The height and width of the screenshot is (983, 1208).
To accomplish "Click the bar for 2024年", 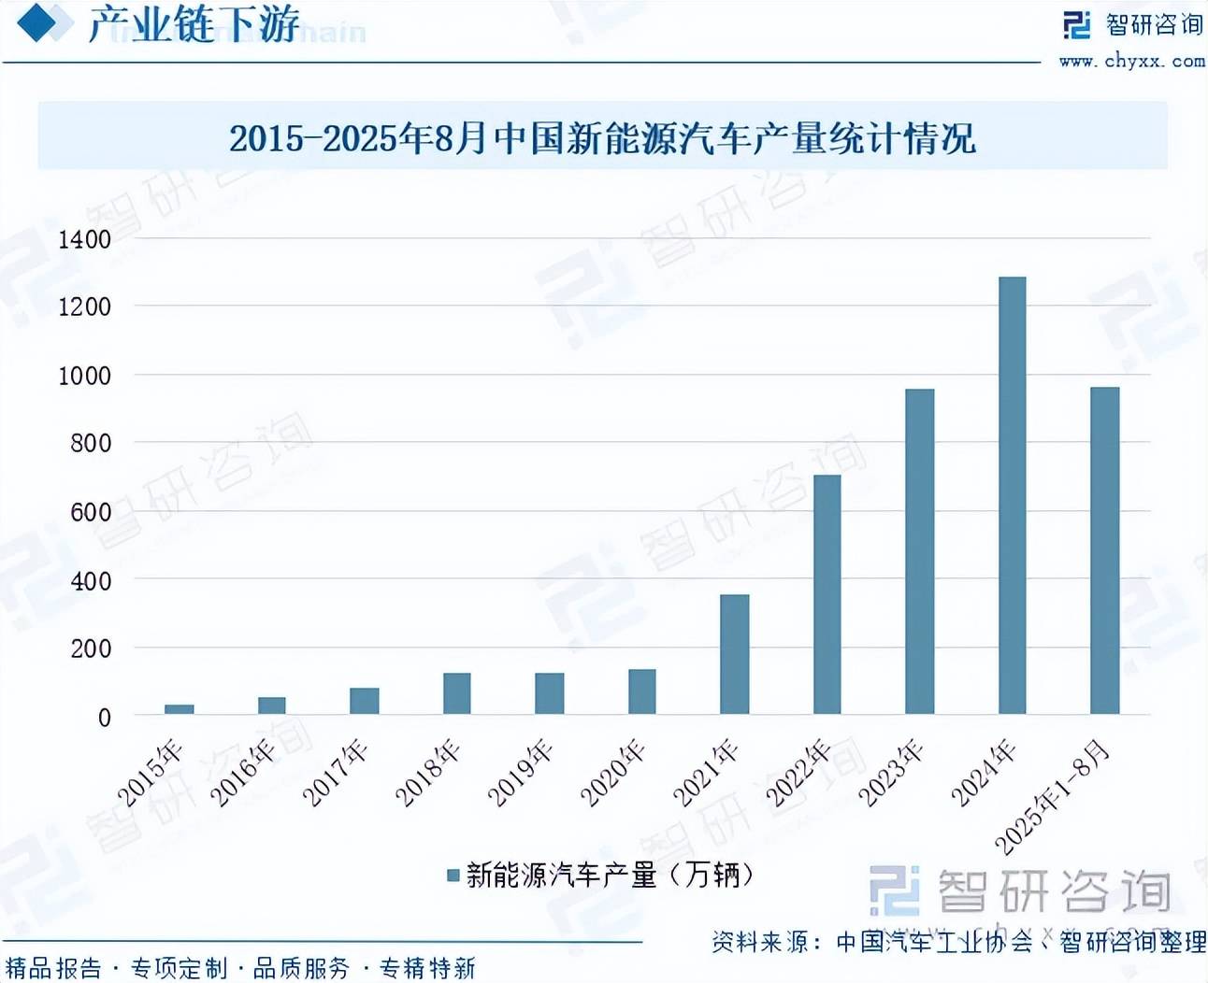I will click(x=1012, y=495).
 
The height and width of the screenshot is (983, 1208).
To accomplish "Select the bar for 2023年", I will click(x=919, y=551).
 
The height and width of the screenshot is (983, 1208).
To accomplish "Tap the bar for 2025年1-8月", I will click(x=1104, y=550).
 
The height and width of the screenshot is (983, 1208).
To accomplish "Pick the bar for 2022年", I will click(x=827, y=594).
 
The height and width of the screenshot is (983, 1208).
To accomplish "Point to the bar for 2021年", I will click(x=734, y=654).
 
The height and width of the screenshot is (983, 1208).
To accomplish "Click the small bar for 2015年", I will click(x=179, y=709).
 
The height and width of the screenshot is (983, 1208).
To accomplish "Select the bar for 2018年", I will click(x=456, y=693).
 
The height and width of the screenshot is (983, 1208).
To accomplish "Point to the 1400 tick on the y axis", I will click(x=85, y=239).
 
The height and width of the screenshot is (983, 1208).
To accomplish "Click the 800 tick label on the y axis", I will click(x=91, y=443).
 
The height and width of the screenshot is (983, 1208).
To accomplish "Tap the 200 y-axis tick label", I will click(x=91, y=648).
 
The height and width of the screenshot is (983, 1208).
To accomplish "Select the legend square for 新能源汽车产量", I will click(x=453, y=876).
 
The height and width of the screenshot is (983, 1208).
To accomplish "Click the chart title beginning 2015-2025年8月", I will click(x=602, y=138).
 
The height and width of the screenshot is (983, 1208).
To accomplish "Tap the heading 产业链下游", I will click(x=194, y=24).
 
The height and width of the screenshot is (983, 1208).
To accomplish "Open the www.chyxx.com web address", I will click(x=1131, y=62).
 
